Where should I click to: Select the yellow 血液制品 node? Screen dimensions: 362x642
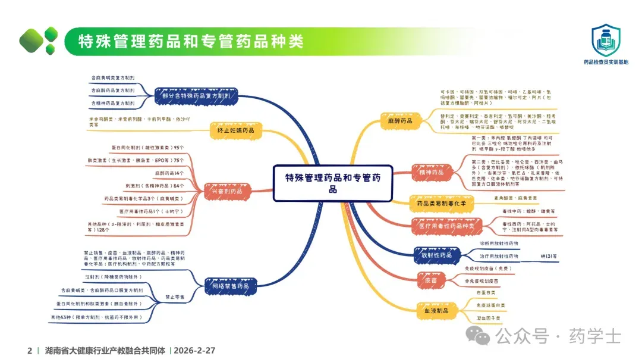point(436,310)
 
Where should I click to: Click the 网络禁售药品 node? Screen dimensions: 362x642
point(230,286)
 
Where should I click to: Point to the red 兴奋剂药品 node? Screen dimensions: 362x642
point(224,192)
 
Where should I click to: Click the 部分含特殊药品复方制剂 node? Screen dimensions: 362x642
point(196,95)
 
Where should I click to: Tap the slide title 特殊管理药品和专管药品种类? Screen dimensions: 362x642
point(191,41)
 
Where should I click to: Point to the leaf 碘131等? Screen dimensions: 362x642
point(549,256)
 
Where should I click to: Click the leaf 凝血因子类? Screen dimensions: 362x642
point(488,318)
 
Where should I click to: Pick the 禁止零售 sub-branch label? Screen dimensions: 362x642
point(174,297)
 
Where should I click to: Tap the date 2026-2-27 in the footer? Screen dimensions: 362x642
point(194,351)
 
